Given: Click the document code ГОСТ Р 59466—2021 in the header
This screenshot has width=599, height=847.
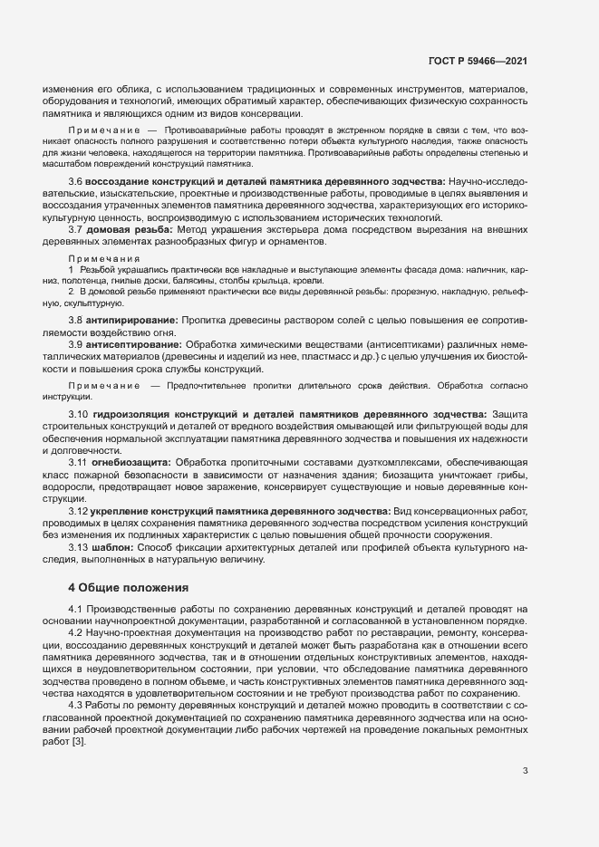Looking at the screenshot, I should [x=478, y=61].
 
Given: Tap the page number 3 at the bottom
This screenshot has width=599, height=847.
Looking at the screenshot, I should [x=525, y=772].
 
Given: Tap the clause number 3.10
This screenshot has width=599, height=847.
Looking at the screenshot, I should [x=78, y=413].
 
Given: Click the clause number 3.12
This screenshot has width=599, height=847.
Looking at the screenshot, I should [x=78, y=511].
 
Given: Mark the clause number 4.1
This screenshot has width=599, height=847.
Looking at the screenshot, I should [x=75, y=610].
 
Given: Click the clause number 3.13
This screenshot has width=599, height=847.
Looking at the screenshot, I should [x=78, y=547].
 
